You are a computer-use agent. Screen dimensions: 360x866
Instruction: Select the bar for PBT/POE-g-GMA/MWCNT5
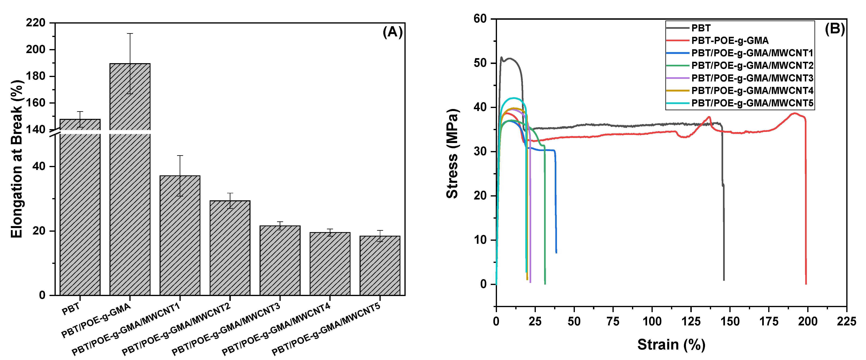[380, 265]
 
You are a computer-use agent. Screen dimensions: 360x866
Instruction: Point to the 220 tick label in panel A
[36, 23]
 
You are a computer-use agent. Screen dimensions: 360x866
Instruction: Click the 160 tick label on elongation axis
[36, 103]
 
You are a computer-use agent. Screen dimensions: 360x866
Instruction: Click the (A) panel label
[392, 32]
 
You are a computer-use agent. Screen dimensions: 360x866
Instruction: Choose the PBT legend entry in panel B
[701, 28]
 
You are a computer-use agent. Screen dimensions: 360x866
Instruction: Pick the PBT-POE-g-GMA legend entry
[730, 41]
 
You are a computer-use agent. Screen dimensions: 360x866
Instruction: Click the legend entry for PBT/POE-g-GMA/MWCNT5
[752, 103]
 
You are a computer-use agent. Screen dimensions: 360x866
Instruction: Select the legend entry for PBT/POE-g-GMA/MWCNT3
[752, 78]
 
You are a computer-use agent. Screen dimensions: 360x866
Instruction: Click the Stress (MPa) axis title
[452, 154]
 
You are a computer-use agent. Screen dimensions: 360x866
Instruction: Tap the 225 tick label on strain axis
[846, 322]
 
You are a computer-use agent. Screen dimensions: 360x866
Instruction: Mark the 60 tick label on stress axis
[480, 19]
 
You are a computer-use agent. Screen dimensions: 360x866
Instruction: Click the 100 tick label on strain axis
[652, 322]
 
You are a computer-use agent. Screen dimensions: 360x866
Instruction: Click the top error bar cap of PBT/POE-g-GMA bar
[130, 34]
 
